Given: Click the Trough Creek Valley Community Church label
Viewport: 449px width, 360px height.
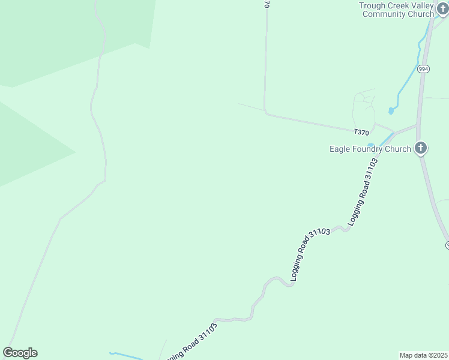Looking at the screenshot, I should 396,10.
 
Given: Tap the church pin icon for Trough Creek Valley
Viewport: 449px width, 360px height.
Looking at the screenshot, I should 442,10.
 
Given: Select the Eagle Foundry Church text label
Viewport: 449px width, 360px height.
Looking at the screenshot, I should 370,149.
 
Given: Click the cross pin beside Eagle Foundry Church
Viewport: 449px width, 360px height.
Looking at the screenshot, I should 421,148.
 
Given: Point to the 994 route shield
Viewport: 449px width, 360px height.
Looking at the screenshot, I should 424,69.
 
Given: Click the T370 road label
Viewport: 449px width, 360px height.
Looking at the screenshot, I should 361,132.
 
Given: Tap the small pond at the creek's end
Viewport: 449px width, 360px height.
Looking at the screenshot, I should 391,111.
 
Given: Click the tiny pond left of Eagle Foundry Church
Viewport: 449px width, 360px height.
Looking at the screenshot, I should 371,145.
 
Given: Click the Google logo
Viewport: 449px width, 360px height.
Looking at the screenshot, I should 20,353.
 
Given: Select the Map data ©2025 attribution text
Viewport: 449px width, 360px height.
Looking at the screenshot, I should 423,355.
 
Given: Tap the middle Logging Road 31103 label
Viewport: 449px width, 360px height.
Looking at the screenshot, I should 310,254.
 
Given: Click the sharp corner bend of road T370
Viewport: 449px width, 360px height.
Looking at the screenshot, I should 265,112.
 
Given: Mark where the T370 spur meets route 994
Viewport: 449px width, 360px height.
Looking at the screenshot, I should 417,126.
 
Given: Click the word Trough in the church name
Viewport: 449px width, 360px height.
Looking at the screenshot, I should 373,5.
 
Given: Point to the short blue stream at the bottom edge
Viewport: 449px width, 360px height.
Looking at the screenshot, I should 125,355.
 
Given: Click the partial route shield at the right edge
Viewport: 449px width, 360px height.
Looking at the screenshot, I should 447,244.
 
